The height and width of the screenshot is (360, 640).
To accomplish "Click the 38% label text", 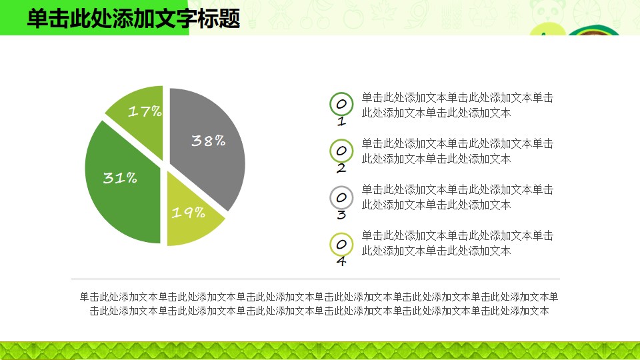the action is (208, 141).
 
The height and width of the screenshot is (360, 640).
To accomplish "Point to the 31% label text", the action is (120, 177).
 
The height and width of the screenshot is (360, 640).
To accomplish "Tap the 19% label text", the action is (188, 212).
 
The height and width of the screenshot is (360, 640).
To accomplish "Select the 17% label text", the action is (145, 111).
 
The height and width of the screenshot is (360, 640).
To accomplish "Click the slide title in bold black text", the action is (133, 19).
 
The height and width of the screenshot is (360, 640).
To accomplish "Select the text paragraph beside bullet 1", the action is (457, 105).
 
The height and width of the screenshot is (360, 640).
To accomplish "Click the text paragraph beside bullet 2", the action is (457, 151).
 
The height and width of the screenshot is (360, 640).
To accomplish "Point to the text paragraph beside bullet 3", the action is (457, 197).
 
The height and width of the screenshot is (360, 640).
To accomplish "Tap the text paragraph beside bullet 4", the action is (457, 243).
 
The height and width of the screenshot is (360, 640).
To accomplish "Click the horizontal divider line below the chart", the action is (315, 279).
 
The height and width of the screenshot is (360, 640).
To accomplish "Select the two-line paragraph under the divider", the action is (319, 304).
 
